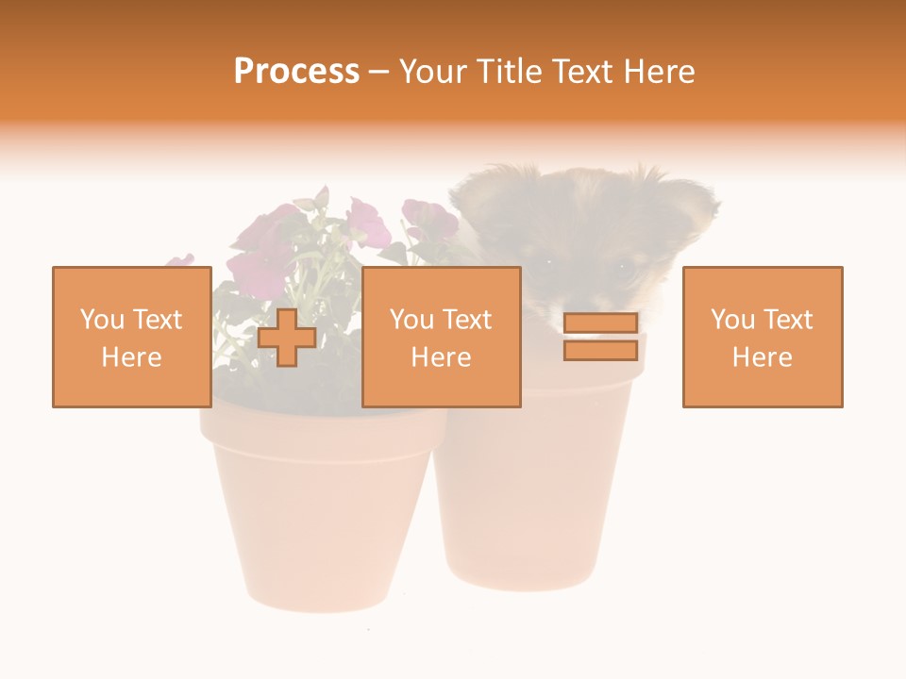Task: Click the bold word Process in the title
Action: point(296,72)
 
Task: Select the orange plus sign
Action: point(287,338)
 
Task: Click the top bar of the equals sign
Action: point(600,323)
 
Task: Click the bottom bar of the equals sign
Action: point(600,351)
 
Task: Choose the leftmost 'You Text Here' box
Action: point(131,337)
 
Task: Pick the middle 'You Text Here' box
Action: point(441,337)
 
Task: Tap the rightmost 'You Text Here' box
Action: point(762,337)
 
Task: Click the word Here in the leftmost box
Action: point(131,357)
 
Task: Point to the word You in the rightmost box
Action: point(732,320)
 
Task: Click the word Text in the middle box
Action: point(465,320)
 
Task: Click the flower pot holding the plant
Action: point(316,509)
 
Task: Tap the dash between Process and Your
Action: point(378,72)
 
